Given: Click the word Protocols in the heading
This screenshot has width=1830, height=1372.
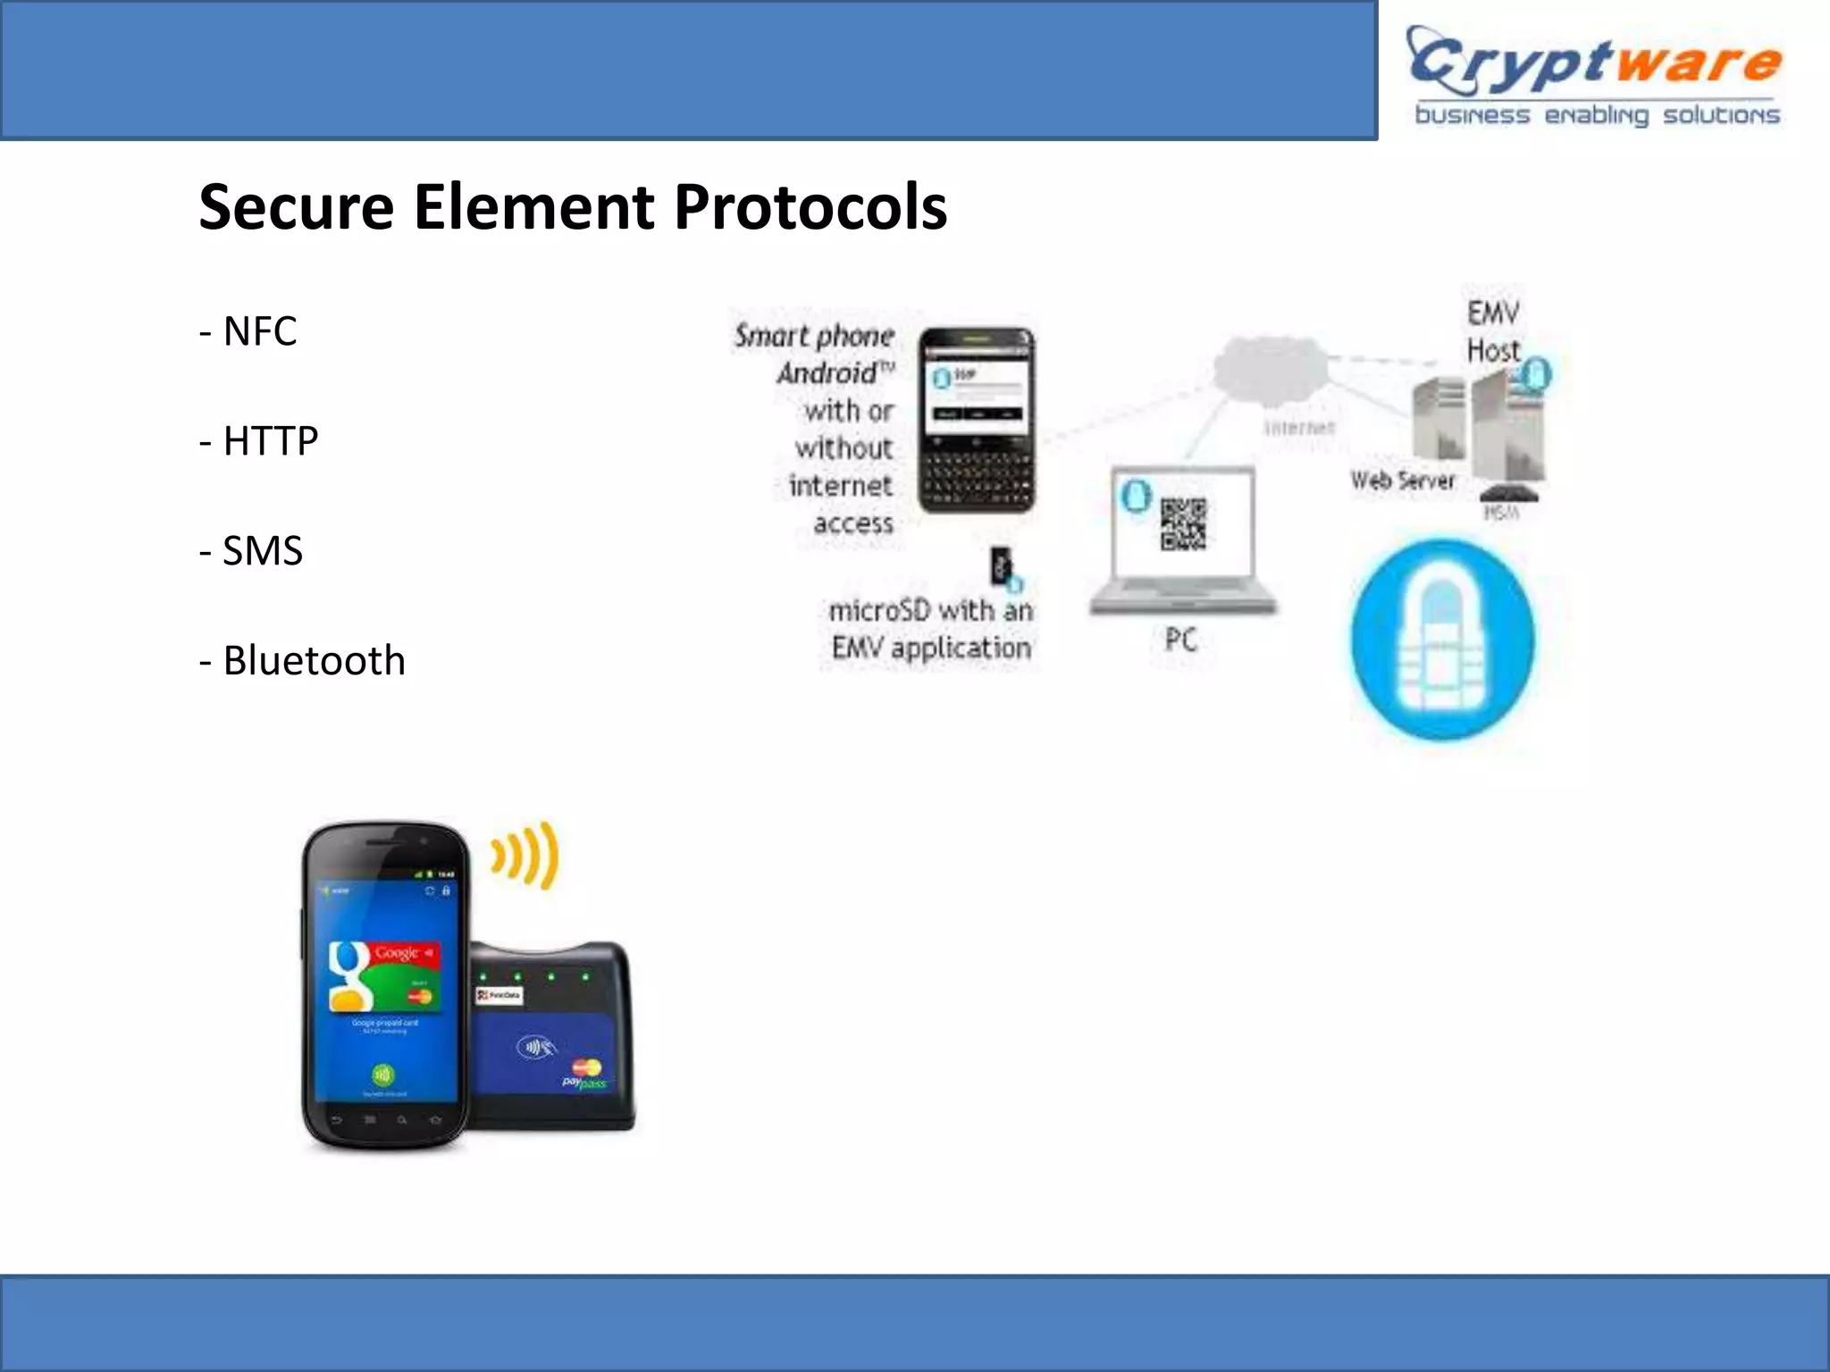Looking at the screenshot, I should click(x=810, y=207).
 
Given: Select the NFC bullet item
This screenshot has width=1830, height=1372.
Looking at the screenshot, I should click(x=248, y=331).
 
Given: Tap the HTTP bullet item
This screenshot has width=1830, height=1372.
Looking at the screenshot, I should click(x=259, y=441).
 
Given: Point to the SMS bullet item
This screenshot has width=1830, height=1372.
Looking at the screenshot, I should click(x=251, y=551).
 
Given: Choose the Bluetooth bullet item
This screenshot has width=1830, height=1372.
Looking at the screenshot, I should click(x=302, y=661).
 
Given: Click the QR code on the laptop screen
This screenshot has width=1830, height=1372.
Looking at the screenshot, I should click(x=1183, y=523).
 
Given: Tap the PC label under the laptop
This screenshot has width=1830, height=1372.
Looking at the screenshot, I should click(x=1180, y=640).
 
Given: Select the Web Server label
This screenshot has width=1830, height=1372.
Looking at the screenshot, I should click(x=1402, y=481).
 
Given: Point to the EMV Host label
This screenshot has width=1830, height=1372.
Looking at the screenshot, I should click(x=1493, y=331).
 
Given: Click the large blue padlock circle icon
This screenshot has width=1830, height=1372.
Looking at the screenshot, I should click(x=1442, y=640).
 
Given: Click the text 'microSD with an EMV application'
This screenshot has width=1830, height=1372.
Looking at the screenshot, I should click(x=930, y=629).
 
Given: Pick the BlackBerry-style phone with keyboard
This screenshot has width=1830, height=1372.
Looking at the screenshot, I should click(x=977, y=420).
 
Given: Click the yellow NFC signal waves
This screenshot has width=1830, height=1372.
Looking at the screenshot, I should click(x=526, y=855).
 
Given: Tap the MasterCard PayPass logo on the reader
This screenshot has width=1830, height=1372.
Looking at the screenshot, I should click(x=585, y=1073).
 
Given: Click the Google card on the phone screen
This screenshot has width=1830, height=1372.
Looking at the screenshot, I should click(x=384, y=975).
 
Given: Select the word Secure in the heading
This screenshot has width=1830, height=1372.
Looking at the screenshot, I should click(x=296, y=207).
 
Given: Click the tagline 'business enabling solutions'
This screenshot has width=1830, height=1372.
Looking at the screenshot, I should click(x=1597, y=116).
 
